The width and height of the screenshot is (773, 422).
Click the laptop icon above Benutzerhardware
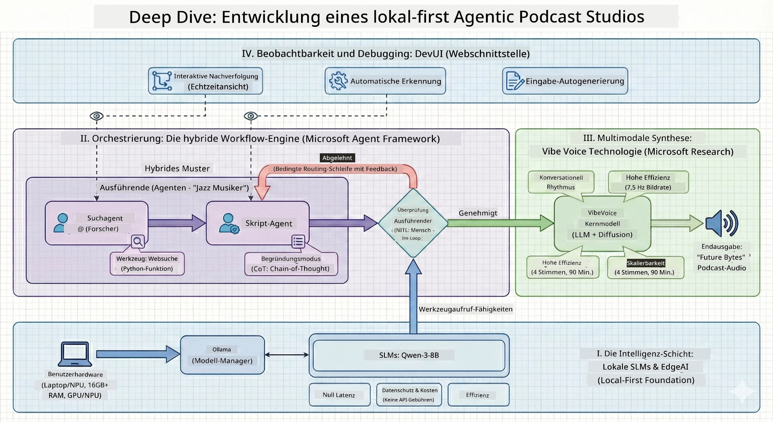75,354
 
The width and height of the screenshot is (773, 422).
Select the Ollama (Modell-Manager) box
222,355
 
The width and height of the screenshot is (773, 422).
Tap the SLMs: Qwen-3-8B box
409,355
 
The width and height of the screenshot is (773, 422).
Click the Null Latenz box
339,395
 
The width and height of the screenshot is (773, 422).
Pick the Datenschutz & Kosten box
409,395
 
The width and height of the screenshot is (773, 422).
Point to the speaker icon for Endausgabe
722,223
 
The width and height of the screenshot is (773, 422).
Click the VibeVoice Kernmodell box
602,224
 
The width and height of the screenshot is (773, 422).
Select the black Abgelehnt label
337,158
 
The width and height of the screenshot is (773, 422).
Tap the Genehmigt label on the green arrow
478,213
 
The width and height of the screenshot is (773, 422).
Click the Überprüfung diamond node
413,223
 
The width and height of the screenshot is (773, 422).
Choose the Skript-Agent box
258,223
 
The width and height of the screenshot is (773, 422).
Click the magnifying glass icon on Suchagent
138,241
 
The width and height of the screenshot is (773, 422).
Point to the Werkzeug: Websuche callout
147,263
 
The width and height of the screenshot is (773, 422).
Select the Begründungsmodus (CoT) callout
291,264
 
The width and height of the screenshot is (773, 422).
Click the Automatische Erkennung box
385,81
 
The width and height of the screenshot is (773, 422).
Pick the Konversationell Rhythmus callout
561,182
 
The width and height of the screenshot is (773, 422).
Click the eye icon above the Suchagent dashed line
97,116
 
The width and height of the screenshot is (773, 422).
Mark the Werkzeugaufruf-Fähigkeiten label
466,309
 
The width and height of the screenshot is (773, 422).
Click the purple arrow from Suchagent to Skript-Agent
177,223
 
